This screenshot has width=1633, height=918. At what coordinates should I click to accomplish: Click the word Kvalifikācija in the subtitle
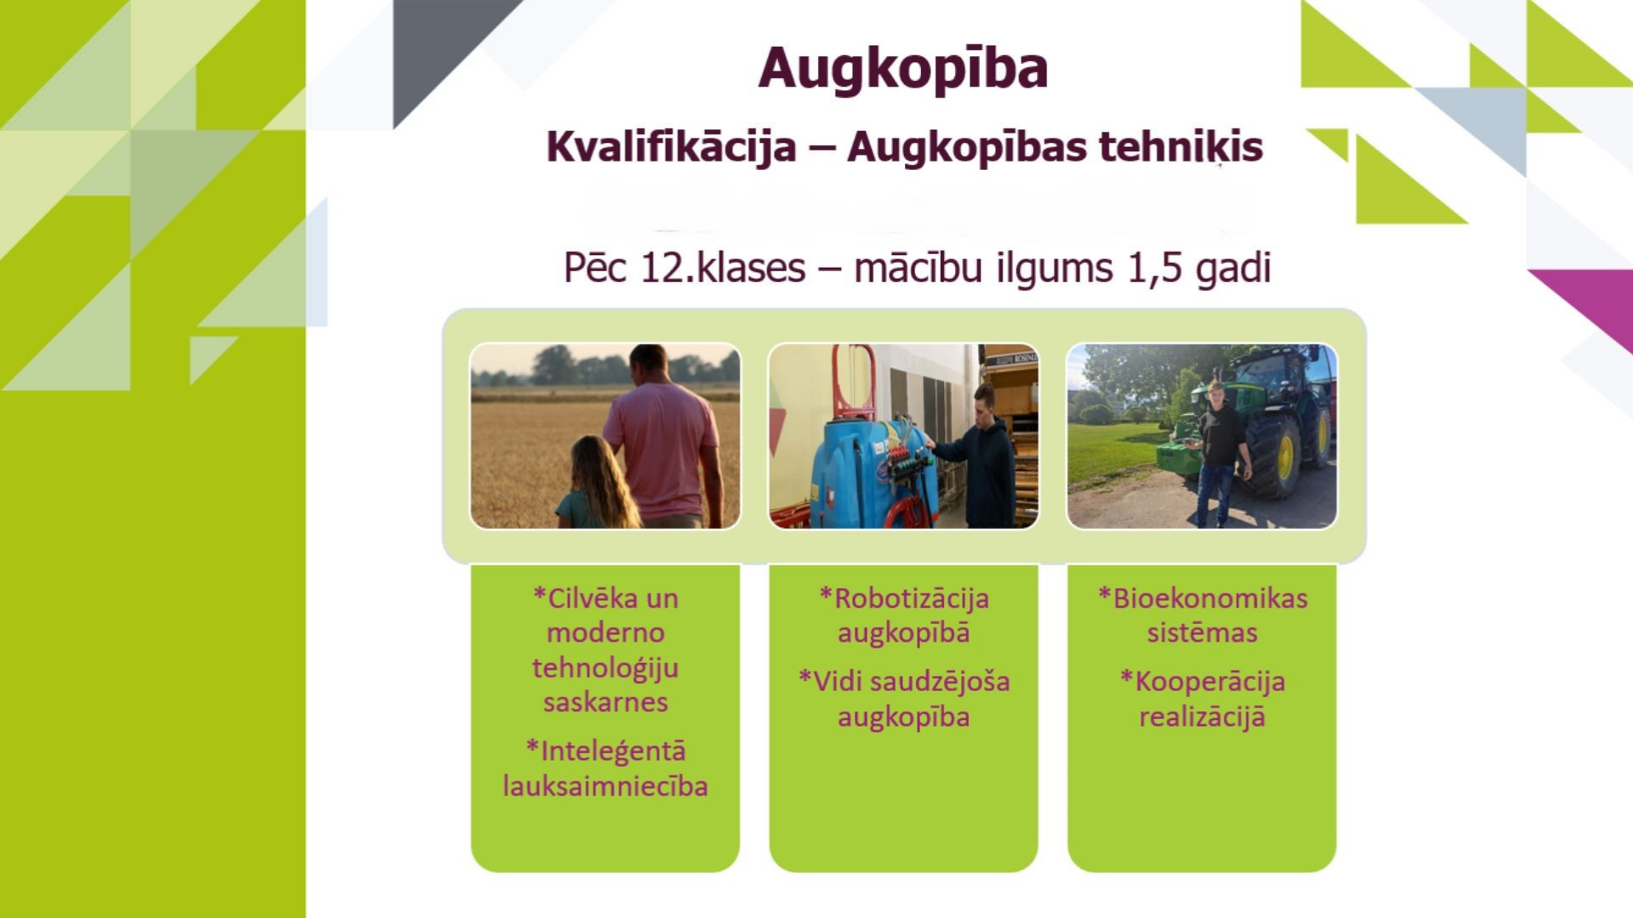point(671,147)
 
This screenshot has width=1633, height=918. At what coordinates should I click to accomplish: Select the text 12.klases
point(721,268)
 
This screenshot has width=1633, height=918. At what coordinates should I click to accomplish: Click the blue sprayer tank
point(860,472)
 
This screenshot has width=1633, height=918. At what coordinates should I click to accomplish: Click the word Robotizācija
point(903,598)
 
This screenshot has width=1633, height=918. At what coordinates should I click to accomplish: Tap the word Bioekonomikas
point(1202,598)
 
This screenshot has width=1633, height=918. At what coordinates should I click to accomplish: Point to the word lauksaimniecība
point(606,786)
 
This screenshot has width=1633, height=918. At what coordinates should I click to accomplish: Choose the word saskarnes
point(606,703)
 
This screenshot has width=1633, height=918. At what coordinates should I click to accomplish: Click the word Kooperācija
point(1202,682)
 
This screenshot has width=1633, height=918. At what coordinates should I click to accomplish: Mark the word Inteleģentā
point(606,751)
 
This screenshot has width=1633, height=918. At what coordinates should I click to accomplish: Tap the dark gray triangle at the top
point(442,42)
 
